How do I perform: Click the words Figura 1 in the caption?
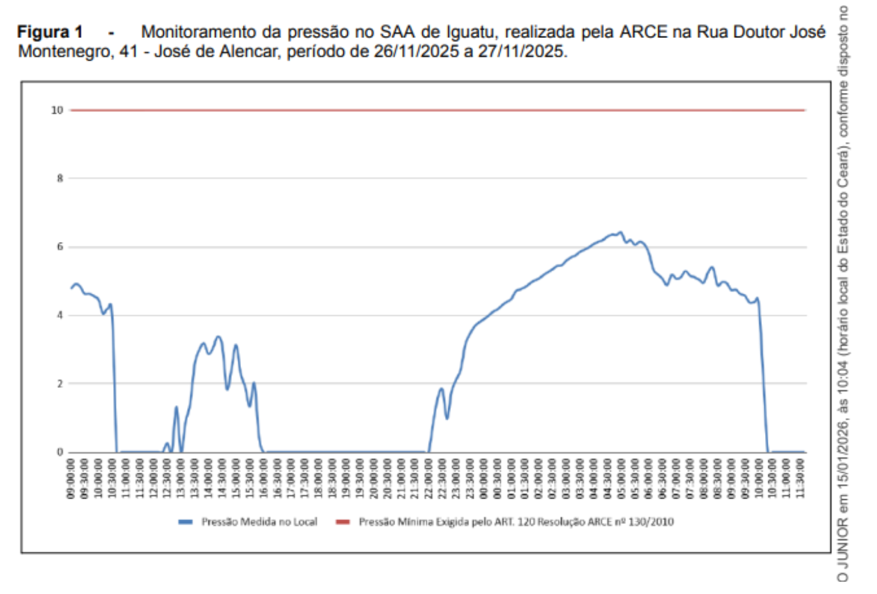coord(50,32)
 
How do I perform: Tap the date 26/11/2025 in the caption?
coord(416,51)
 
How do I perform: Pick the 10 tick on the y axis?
coord(57,110)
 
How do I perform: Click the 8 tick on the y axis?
coord(60,178)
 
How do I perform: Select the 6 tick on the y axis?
coord(60,246)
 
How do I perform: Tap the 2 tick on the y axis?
coord(60,384)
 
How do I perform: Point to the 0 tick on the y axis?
coord(60,452)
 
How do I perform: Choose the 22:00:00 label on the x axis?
coord(429,478)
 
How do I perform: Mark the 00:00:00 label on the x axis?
coord(484,478)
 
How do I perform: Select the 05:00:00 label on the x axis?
coord(621,478)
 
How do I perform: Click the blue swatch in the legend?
coord(185,522)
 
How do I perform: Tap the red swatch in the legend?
coord(343,522)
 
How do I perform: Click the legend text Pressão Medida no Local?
coord(259,522)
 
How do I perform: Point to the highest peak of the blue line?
coord(620,233)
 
